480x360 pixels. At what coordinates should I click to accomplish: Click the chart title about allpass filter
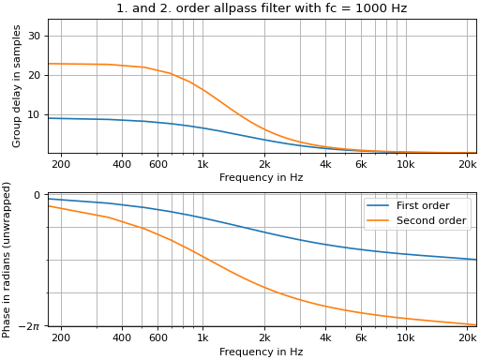click(262, 8)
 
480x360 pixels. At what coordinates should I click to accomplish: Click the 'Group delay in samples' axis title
click(17, 86)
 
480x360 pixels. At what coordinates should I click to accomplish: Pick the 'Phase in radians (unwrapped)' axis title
click(7, 260)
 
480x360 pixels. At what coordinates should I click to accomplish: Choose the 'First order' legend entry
click(423, 206)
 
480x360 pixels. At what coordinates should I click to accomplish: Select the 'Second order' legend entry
click(430, 221)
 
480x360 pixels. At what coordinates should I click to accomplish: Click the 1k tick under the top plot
click(202, 165)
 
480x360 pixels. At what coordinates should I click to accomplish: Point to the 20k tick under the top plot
click(468, 165)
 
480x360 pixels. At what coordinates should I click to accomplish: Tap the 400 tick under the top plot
click(122, 165)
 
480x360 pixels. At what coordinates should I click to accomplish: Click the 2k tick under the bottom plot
click(264, 338)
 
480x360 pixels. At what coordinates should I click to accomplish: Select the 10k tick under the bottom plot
click(406, 338)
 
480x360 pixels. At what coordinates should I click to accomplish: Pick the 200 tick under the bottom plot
click(61, 338)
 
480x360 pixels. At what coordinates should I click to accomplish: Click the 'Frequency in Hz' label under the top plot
click(261, 178)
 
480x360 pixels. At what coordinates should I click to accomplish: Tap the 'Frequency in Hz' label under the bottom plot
click(261, 352)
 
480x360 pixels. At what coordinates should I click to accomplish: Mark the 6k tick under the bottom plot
click(361, 338)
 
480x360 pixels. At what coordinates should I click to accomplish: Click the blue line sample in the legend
click(379, 206)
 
